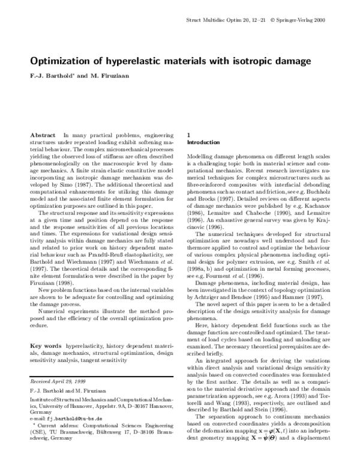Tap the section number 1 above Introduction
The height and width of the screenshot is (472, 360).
coord(190,136)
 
